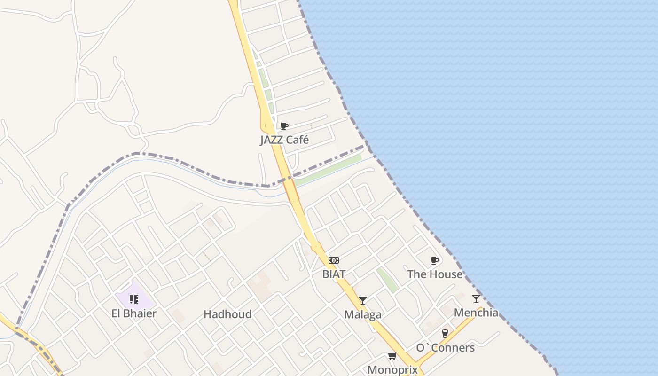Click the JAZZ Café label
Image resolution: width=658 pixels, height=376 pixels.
pos(284,140)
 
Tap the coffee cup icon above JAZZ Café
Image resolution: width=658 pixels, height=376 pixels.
pos(284,126)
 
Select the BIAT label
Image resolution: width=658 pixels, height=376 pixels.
pos(334,274)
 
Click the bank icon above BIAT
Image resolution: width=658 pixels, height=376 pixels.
pos(334,260)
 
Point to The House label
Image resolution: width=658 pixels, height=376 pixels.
pos(435,274)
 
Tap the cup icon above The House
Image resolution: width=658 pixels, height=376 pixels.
pos(435,260)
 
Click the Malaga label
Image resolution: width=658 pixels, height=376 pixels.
pos(363,314)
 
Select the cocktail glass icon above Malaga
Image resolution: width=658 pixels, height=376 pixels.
pos(363,301)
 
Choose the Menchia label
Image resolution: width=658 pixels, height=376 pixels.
pos(476,313)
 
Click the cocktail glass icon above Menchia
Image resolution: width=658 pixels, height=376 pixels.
pos(476,298)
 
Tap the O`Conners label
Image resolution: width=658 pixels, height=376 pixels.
pos(445,348)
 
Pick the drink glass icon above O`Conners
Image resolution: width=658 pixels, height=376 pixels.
pos(445,334)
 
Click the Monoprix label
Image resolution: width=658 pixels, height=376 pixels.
pos(392,369)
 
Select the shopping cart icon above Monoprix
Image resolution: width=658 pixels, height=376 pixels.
pos(392,356)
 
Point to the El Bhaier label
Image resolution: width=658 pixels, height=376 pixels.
pos(134,313)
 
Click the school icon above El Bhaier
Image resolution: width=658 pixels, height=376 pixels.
pos(134,299)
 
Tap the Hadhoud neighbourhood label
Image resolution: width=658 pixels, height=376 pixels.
pos(227,314)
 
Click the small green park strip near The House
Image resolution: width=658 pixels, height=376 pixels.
pos(387,280)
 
